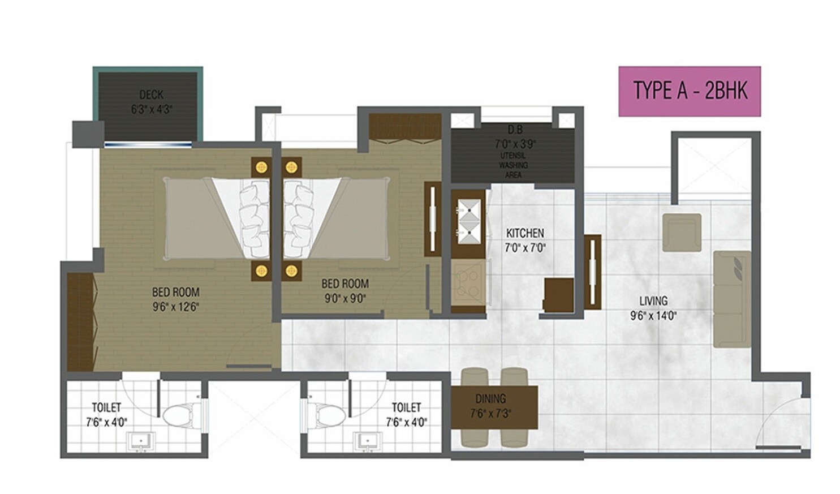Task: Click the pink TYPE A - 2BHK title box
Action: pyautogui.click(x=689, y=91)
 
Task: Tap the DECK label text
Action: pyautogui.click(x=151, y=94)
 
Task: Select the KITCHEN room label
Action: pyautogui.click(x=524, y=233)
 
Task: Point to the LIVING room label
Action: pyautogui.click(x=653, y=301)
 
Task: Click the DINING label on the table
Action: pyautogui.click(x=490, y=399)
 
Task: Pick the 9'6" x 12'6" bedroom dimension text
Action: pyautogui.click(x=175, y=307)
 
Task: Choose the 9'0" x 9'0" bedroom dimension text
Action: pyautogui.click(x=345, y=298)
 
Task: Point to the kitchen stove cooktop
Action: pyautogui.click(x=468, y=282)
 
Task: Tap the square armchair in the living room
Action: pyautogui.click(x=682, y=232)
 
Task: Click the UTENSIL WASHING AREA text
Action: pyautogui.click(x=513, y=165)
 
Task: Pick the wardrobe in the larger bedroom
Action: pyautogui.click(x=80, y=322)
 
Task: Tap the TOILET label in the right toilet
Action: pyautogui.click(x=406, y=407)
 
